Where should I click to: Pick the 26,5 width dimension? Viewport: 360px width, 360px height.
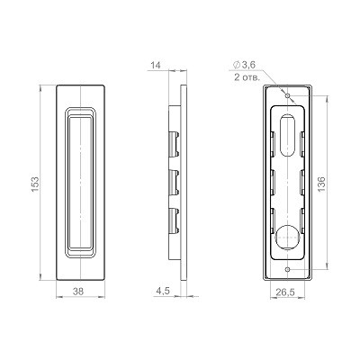click(286, 292)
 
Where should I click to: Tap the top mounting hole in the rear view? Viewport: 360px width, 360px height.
click(286, 92)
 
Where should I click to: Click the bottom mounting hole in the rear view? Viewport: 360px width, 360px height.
click(286, 268)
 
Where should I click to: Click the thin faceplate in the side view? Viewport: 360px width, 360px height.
click(186, 180)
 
